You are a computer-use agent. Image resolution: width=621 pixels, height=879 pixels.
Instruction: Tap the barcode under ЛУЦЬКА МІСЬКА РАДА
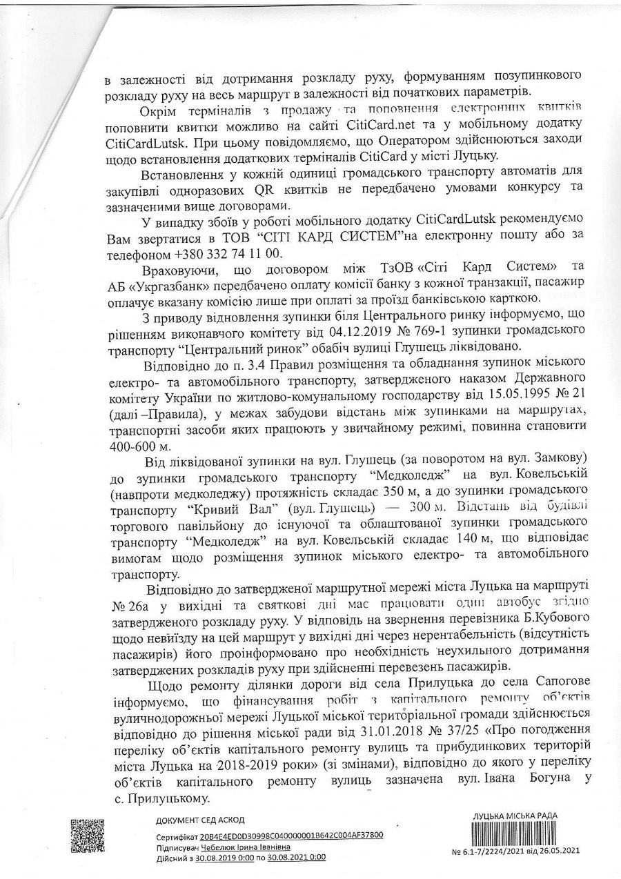coord(516,833)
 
